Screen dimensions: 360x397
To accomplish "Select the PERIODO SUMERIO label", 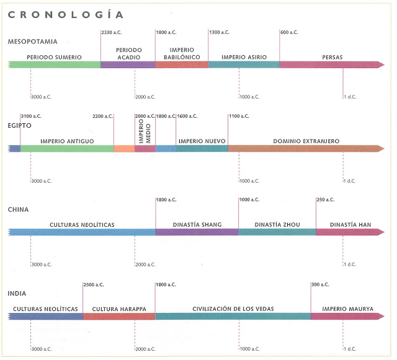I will (54, 57).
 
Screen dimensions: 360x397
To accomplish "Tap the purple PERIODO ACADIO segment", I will (128, 64).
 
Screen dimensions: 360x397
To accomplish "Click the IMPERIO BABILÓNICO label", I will (182, 53).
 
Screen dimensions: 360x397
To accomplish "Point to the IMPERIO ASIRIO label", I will (244, 57).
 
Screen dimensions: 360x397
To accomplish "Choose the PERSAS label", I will (332, 57).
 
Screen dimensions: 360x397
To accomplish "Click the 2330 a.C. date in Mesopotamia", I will (111, 32).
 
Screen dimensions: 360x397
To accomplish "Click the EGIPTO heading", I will (20, 125).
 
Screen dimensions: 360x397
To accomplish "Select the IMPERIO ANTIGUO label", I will (67, 141).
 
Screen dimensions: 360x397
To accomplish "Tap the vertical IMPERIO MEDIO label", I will (145, 133).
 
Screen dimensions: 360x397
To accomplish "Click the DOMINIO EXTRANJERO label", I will (306, 141).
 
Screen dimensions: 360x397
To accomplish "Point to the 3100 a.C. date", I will (31, 116).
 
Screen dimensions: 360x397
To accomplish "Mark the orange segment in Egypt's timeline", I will (124, 149).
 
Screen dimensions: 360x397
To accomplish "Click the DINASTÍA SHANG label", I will (197, 224).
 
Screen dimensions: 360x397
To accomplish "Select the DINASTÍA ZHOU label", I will (277, 224).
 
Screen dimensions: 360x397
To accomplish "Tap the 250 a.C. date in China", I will (326, 200).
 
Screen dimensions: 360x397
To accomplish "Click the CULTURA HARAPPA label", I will (118, 308).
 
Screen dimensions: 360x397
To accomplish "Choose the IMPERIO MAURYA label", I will (347, 308).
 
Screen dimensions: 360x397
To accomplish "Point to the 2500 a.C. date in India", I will (94, 284).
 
